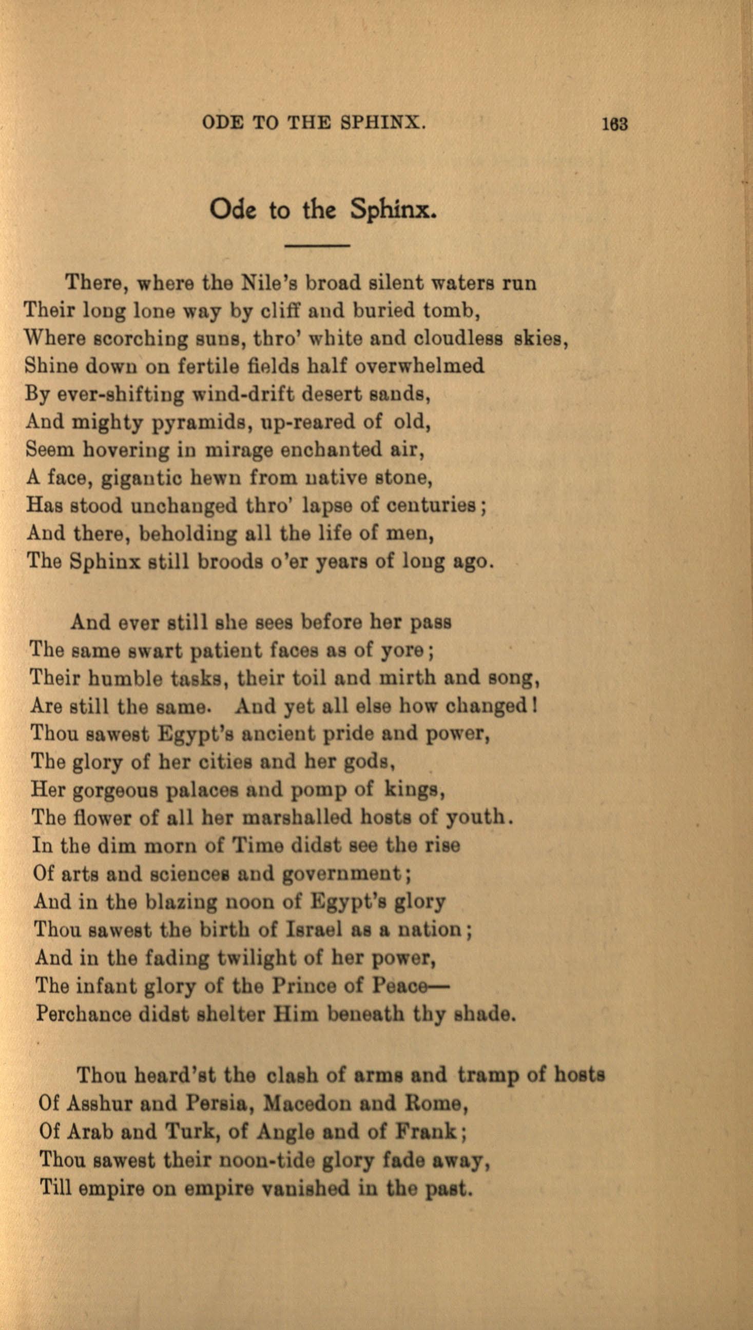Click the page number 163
tap(614, 124)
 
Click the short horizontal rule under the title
tap(318, 244)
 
